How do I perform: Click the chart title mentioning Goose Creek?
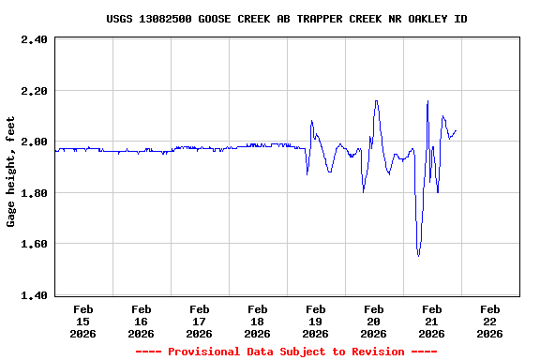(287, 19)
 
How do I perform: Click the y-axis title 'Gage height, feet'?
(11, 172)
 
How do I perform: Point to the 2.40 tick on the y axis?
(33, 39)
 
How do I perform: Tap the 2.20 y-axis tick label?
(33, 91)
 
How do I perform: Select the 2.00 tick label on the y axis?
(33, 142)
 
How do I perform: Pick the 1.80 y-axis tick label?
(33, 193)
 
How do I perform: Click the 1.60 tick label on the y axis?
(33, 244)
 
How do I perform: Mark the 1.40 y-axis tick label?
(33, 295)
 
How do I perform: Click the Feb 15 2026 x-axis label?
(83, 321)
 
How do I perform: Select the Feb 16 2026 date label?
(142, 321)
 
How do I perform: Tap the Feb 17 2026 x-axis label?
(200, 321)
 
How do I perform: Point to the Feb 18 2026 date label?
(258, 321)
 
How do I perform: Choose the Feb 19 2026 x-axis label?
(316, 321)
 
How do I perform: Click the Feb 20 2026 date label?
(374, 321)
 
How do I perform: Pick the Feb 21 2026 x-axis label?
(432, 321)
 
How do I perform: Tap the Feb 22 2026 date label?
(490, 321)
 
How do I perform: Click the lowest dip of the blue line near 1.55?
(418, 255)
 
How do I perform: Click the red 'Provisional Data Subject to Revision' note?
(287, 352)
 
